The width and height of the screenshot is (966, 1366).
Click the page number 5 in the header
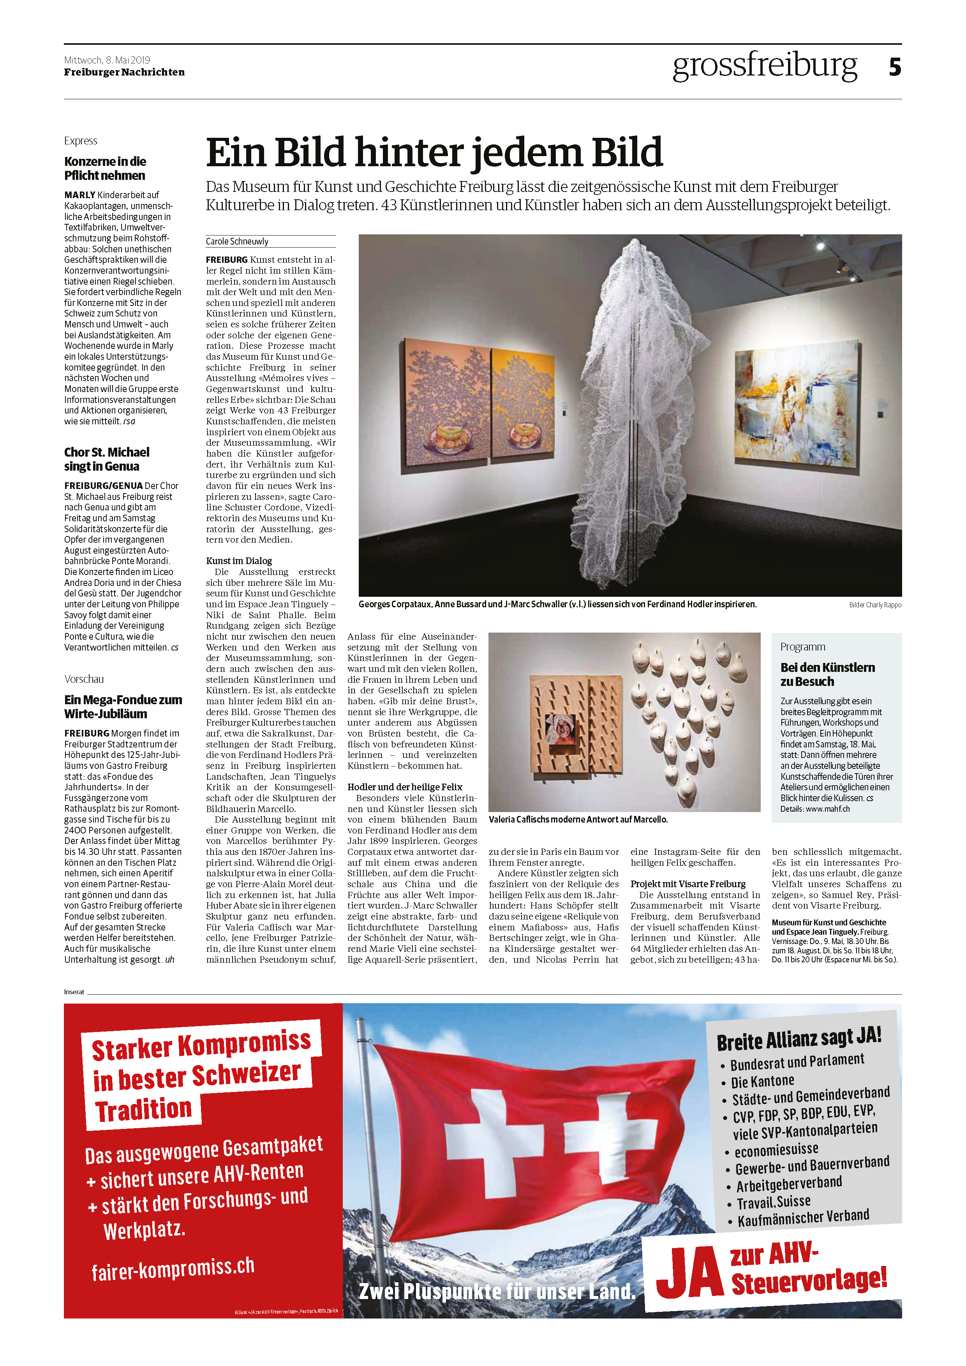tap(895, 67)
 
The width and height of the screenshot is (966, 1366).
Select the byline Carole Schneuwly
tap(237, 241)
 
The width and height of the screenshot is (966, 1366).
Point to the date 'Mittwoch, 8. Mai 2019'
tap(107, 60)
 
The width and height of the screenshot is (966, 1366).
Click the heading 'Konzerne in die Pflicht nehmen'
tap(105, 169)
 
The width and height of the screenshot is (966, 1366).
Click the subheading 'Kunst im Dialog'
tap(239, 561)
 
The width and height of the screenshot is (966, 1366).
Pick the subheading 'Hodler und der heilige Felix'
tap(405, 786)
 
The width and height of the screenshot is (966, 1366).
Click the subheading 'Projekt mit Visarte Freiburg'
tap(687, 884)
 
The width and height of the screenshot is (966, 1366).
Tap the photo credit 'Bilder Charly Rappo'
tap(874, 605)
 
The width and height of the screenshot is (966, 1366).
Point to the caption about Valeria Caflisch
tap(578, 819)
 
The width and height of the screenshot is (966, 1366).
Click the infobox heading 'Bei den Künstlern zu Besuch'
tap(827, 674)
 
